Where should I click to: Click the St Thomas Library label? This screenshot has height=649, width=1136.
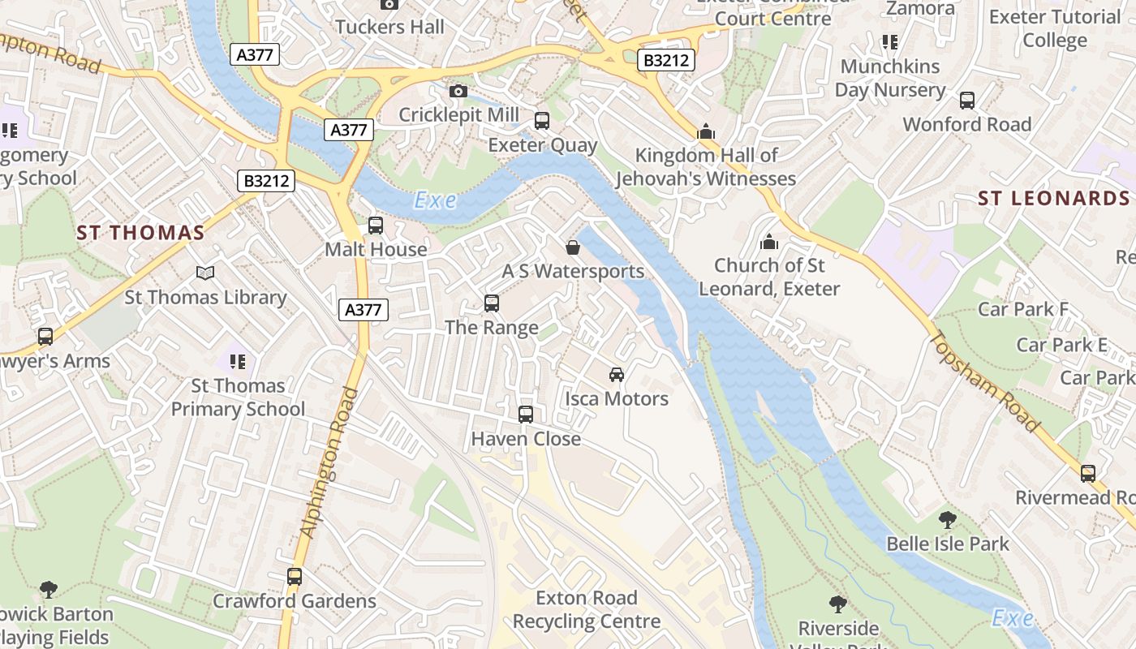tap(205, 298)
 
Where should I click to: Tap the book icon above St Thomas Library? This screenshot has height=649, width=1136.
tap(205, 273)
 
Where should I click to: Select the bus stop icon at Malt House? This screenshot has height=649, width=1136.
tap(376, 226)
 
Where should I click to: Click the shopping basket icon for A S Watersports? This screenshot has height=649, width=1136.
tap(573, 247)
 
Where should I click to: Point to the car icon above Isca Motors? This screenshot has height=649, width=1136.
tap(617, 375)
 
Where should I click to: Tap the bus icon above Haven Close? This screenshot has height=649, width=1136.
tap(526, 415)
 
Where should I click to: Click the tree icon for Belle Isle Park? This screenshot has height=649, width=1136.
tap(947, 520)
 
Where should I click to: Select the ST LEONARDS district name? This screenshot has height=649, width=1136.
tap(1053, 199)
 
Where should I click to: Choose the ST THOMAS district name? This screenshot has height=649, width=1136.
tap(140, 234)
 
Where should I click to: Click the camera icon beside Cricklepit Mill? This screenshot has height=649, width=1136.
tap(458, 91)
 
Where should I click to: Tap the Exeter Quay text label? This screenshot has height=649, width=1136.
tap(542, 146)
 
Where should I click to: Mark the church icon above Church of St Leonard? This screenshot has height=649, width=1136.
tap(769, 242)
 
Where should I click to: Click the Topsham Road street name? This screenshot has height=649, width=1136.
tap(984, 381)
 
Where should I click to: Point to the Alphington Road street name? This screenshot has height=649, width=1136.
tap(329, 462)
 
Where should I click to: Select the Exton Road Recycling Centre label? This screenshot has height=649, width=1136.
tap(587, 610)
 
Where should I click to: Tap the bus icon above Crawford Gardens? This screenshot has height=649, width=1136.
tap(295, 577)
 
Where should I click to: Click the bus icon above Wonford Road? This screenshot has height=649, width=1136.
tap(967, 101)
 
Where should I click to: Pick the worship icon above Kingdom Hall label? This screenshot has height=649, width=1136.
tap(706, 131)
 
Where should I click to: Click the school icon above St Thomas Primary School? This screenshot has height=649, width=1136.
tap(237, 361)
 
